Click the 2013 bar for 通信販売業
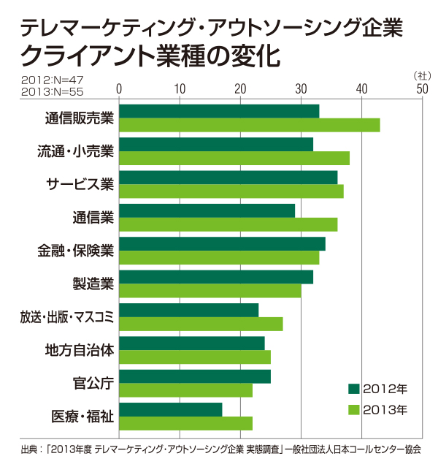pyautogui.click(x=249, y=125)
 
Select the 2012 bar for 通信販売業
pyautogui.click(x=219, y=111)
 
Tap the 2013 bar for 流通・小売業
pyautogui.click(x=234, y=158)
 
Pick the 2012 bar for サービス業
pyautogui.click(x=228, y=178)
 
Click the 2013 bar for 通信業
pyautogui.click(x=228, y=224)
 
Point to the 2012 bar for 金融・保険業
pyautogui.click(x=222, y=244)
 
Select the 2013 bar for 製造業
pyautogui.click(x=210, y=291)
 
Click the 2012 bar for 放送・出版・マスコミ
pyautogui.click(x=188, y=310)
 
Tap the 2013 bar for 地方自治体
pyautogui.click(x=194, y=357)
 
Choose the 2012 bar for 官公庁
pyautogui.click(x=194, y=376)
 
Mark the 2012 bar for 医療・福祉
pyautogui.click(x=170, y=410)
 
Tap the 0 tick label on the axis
pyautogui.click(x=119, y=89)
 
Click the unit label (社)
pyautogui.click(x=423, y=75)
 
